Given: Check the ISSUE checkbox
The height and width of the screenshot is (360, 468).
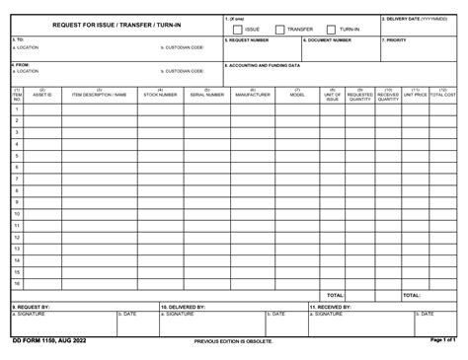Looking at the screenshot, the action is [238, 30].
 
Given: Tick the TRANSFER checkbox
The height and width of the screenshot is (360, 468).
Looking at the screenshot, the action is [280, 30].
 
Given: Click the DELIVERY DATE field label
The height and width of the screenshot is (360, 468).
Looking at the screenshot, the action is [415, 18].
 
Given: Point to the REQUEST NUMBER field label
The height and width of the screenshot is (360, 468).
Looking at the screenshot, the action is [248, 39].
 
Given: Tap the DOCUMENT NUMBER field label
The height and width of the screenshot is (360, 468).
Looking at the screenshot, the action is [328, 39].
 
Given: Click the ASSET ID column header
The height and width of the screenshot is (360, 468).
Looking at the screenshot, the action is [43, 95].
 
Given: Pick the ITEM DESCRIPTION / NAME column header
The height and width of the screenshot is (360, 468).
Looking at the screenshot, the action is [100, 95].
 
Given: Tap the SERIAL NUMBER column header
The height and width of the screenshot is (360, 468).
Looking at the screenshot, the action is [205, 95].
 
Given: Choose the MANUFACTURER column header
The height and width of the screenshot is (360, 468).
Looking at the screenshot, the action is [252, 95].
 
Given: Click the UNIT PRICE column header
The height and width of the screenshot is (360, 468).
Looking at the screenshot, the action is [415, 95].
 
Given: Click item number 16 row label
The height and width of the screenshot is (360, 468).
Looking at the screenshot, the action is [17, 283].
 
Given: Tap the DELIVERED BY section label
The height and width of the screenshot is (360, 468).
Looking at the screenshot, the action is [184, 306].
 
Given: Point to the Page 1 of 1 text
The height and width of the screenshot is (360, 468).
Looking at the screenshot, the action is [442, 340].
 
